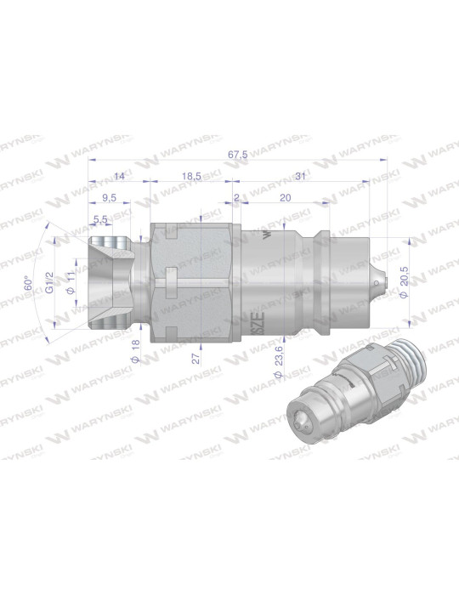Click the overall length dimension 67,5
(238, 154)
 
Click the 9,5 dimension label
(109, 196)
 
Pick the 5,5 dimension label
(100, 219)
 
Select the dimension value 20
(285, 196)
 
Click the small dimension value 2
(236, 196)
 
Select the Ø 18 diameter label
(135, 348)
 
